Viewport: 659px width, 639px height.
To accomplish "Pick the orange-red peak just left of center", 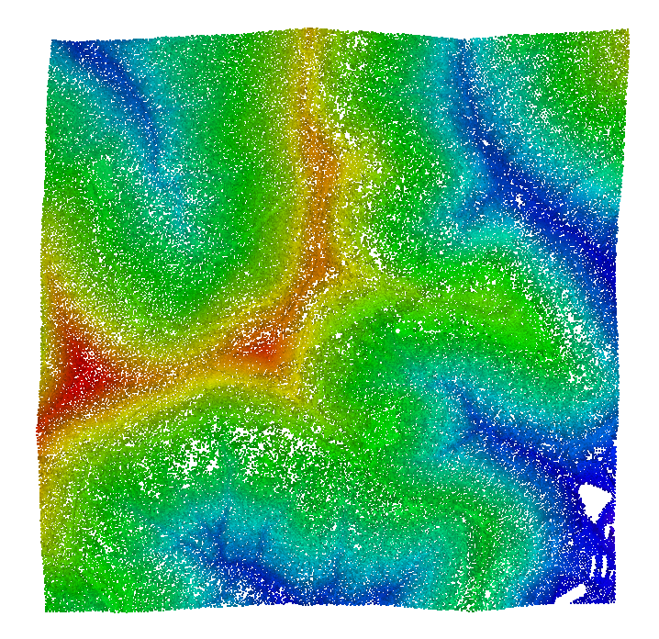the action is pyautogui.click(x=262, y=345).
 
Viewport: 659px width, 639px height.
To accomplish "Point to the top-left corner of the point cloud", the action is pyautogui.click(x=51, y=40).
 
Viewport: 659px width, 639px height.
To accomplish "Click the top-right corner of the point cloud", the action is pyautogui.click(x=629, y=30).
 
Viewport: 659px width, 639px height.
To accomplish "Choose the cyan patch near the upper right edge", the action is pyautogui.click(x=597, y=188).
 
